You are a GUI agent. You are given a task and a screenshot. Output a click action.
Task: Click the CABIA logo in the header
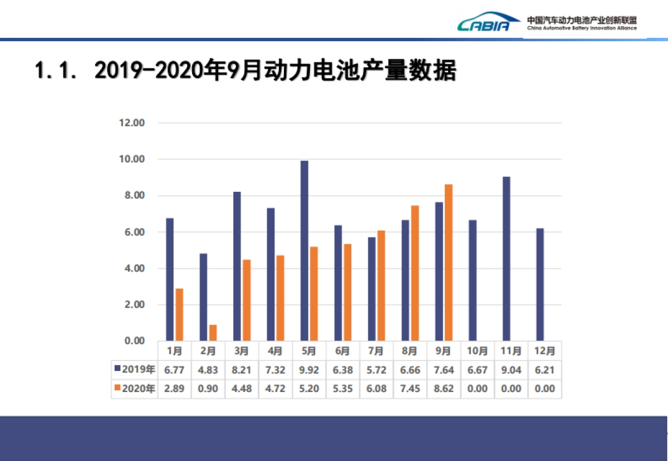click(x=483, y=23)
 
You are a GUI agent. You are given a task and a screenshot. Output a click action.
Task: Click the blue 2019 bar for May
click(x=304, y=251)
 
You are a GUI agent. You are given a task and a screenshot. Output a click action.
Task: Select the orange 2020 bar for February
click(x=213, y=333)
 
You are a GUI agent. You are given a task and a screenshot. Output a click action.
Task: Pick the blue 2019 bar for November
click(x=506, y=259)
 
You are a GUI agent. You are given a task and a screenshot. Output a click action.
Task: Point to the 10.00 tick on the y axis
click(x=132, y=160)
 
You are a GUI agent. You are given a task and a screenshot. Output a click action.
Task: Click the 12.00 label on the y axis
click(x=132, y=123)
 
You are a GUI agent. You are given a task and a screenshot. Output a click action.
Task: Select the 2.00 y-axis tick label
click(x=132, y=305)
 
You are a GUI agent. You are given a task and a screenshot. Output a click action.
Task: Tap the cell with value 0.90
click(x=209, y=389)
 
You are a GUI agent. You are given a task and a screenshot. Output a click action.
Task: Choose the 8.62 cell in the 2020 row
click(x=443, y=389)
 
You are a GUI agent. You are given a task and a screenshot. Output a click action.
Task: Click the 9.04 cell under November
click(x=510, y=370)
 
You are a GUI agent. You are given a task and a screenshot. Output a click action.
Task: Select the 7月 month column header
click(x=376, y=351)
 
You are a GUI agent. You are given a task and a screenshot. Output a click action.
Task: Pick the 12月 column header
click(x=544, y=351)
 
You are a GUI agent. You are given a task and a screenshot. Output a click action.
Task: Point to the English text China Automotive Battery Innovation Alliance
click(x=582, y=28)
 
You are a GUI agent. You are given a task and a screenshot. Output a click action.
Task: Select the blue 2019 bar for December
click(x=540, y=284)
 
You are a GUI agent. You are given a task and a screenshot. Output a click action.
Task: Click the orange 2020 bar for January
click(x=179, y=315)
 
